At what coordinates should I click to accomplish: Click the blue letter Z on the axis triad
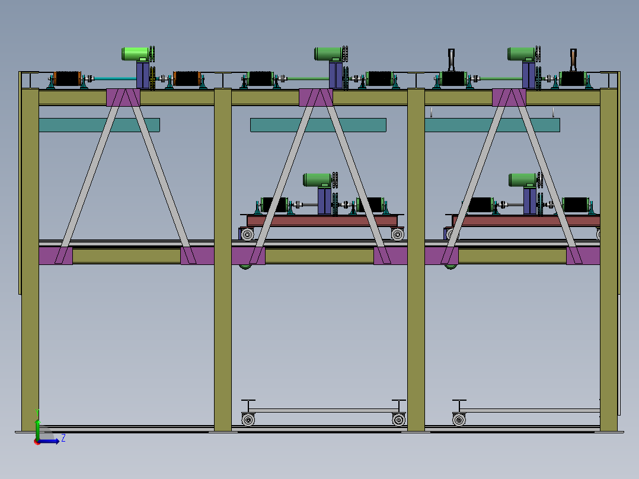63,438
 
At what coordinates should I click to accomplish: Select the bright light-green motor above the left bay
136,54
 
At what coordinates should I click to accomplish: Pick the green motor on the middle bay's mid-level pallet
318,180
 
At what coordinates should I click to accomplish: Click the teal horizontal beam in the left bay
100,124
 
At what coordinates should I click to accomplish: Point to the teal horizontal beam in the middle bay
318,124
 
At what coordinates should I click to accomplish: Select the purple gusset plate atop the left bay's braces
123,97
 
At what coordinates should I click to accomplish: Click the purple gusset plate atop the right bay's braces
509,97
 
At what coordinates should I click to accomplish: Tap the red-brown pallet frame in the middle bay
322,221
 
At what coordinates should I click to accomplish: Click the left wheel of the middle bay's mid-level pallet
247,234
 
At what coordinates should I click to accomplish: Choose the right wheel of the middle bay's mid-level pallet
397,234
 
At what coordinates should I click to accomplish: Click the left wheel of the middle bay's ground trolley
248,420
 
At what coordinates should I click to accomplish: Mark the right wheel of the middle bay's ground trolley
398,420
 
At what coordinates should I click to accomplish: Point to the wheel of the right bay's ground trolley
459,420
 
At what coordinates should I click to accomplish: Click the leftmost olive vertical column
30,260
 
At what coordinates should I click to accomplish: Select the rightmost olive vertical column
608,260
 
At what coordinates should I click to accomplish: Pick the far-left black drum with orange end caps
67,79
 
